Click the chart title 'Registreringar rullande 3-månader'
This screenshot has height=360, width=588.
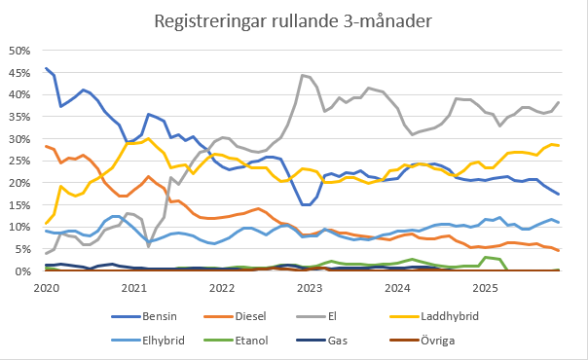[294, 20]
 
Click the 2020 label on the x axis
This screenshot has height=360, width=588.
[46, 288]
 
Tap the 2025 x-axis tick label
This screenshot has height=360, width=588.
[485, 288]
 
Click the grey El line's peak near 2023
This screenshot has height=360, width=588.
[303, 75]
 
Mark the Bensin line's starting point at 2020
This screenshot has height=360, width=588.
[46, 69]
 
